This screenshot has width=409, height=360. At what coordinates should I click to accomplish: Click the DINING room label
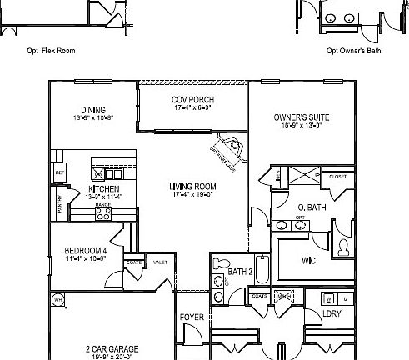coord(92,110)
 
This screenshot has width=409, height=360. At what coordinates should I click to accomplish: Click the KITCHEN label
coord(103,189)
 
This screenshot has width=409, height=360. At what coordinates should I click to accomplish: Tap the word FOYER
coord(192,317)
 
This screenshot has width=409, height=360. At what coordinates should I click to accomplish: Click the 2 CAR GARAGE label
coord(111,349)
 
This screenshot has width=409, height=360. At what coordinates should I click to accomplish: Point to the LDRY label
coord(309,313)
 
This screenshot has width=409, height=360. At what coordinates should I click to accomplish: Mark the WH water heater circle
coord(57,299)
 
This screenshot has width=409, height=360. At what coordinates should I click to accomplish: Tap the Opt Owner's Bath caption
coord(353,51)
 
